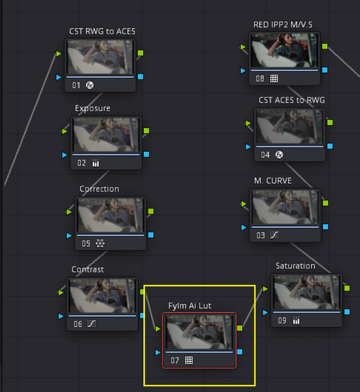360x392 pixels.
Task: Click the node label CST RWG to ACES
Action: [102, 31]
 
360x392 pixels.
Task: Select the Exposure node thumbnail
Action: [106, 135]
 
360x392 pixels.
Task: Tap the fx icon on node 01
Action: [90, 85]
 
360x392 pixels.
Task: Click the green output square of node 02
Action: [146, 130]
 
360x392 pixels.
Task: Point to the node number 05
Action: [86, 244]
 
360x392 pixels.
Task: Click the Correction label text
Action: [100, 189]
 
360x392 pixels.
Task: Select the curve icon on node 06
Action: [92, 324]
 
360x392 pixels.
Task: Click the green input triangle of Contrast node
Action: [61, 292]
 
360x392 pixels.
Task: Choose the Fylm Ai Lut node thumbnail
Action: [199, 332]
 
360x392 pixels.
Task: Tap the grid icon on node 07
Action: [189, 360]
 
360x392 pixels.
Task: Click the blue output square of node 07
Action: [240, 352]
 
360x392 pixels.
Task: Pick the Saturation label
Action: [295, 266]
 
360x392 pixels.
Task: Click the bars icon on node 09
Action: [296, 320]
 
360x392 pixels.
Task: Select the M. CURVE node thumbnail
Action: [285, 207]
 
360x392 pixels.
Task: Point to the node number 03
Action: [260, 235]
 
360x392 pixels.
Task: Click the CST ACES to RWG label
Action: [292, 100]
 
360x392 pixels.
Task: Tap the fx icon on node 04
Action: [279, 155]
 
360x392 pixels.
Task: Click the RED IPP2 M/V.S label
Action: [283, 25]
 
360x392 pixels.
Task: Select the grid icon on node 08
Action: [274, 78]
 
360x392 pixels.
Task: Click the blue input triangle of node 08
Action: [243, 71]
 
